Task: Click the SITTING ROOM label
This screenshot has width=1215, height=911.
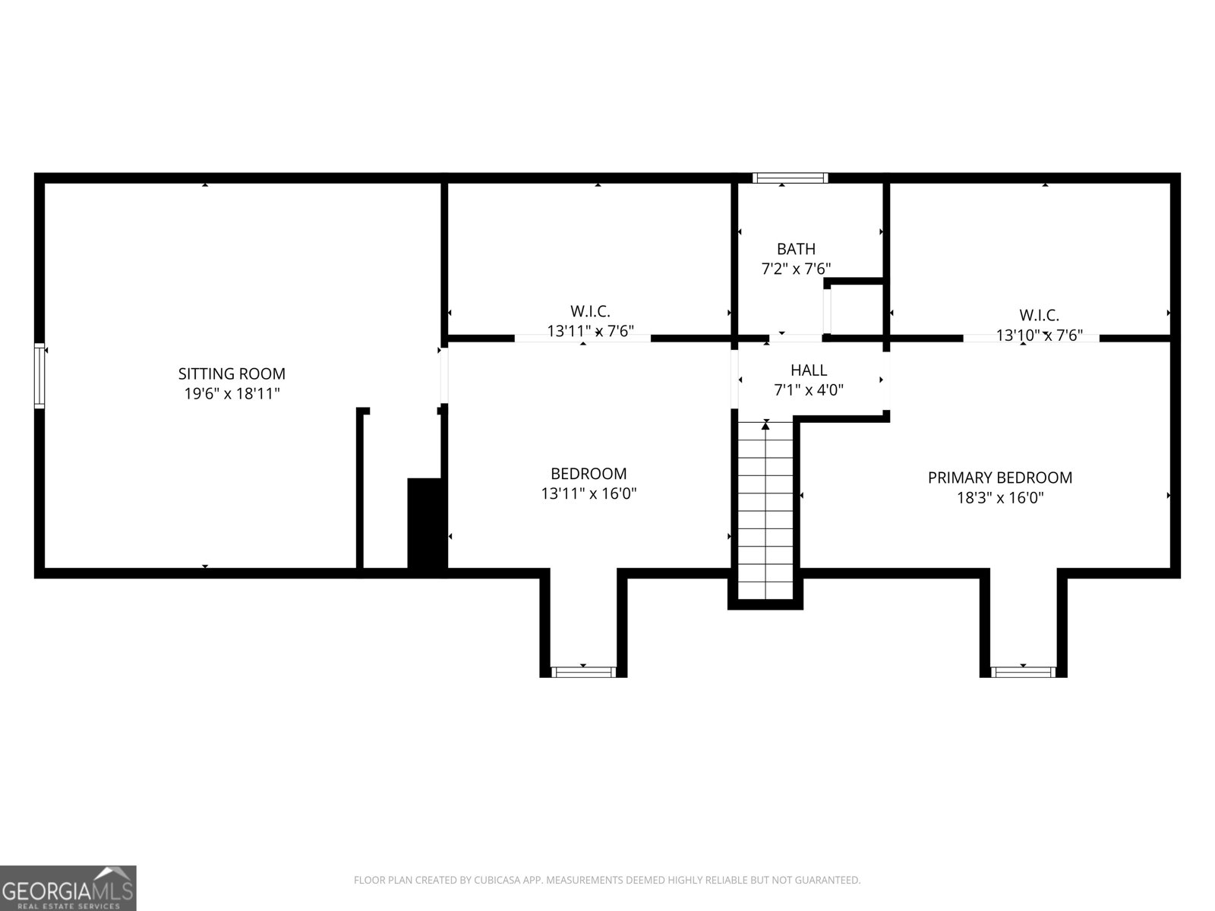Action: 232,374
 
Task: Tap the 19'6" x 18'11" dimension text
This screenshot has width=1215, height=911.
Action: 232,393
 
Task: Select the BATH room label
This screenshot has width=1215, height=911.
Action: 796,249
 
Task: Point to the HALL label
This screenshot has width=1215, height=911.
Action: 809,370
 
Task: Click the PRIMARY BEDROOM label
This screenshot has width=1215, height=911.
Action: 999,478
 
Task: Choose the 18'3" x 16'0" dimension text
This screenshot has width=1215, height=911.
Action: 999,498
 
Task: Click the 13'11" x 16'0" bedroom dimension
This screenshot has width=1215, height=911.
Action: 589,493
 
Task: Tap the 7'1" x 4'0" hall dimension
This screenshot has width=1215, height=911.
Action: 809,390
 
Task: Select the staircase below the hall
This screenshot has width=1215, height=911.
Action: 765,509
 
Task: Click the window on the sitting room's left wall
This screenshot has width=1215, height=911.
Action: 39,377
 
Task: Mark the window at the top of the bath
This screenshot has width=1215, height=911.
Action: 790,178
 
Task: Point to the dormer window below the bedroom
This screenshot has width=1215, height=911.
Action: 583,672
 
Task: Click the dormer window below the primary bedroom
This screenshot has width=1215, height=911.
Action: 1023,672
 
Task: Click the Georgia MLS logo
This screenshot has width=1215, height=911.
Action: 68,888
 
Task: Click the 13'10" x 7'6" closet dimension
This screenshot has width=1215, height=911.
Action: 1039,335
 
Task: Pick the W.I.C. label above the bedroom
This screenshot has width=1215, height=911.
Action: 590,311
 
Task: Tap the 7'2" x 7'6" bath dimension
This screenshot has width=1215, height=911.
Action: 796,269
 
